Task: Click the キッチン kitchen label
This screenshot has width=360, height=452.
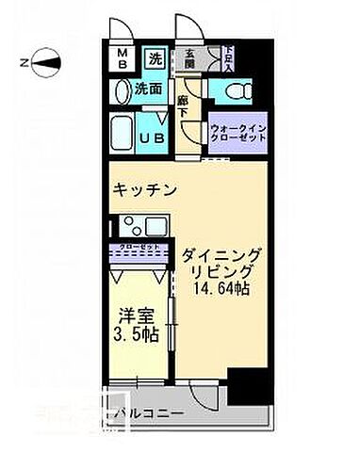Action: point(144,190)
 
